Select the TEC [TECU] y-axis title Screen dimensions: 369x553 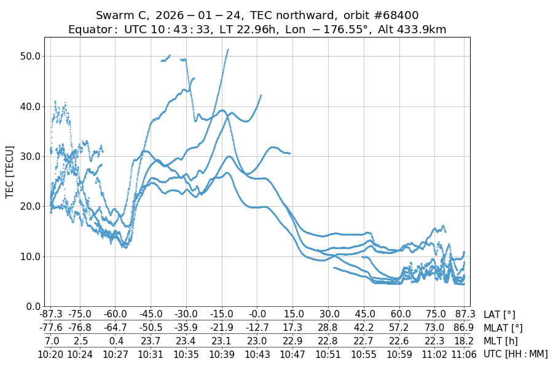tap(10, 172)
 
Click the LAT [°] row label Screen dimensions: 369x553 tap(500, 315)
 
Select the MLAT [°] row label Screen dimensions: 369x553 tap(504, 328)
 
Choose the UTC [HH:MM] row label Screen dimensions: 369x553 tap(516, 354)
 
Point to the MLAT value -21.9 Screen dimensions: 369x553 tap(221, 328)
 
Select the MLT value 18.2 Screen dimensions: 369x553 tap(464, 341)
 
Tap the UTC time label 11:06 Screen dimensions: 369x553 tap(464, 354)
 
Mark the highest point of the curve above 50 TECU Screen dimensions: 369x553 tap(228, 50)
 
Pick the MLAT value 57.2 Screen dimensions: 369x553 tap(401, 328)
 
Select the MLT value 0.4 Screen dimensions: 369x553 tap(116, 341)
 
